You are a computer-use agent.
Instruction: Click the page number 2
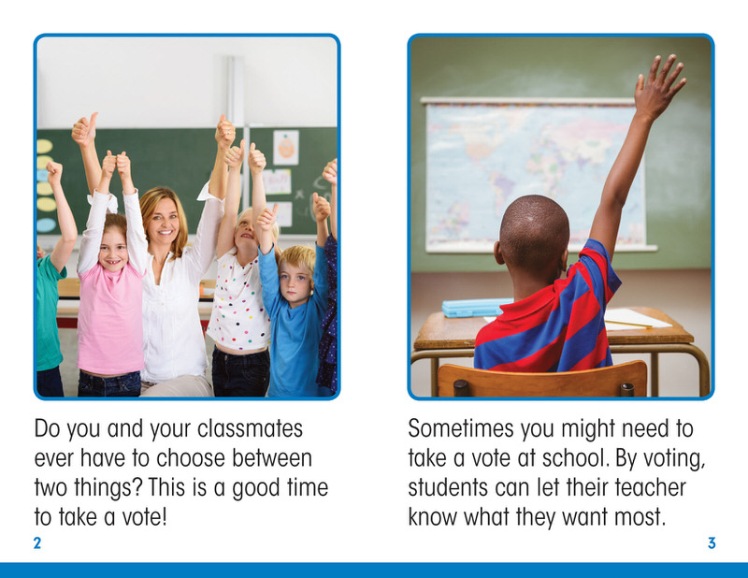[37, 542]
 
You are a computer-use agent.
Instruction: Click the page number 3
[712, 542]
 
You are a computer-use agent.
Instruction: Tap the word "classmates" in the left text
[250, 428]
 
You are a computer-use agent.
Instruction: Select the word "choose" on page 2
[191, 457]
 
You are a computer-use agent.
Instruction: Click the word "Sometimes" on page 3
[461, 428]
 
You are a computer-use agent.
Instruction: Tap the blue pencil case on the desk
[477, 307]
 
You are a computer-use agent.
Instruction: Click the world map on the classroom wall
[535, 174]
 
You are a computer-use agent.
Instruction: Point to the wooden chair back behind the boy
[542, 380]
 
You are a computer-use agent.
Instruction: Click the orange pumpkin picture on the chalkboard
[286, 148]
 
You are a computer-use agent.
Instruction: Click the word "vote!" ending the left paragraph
[144, 517]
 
